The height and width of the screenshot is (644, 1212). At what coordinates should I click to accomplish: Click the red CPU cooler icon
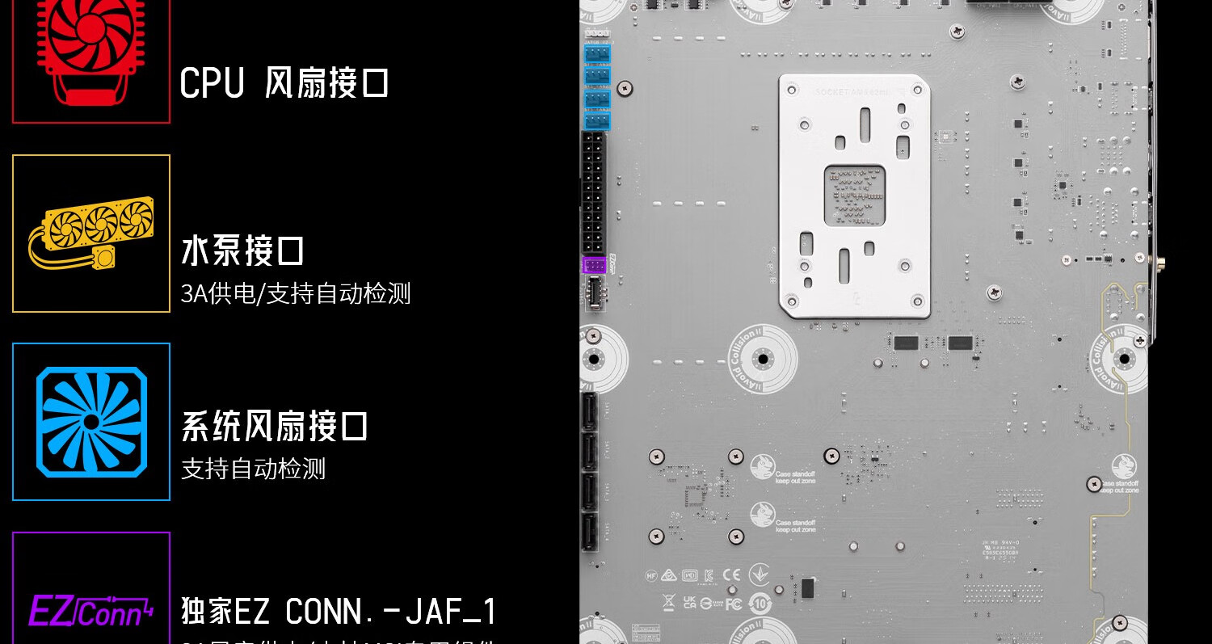90,48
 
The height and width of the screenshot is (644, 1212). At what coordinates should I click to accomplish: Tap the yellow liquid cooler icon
90,233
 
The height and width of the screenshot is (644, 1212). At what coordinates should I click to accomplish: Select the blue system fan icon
91,422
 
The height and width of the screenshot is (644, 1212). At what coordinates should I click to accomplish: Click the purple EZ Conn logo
90,610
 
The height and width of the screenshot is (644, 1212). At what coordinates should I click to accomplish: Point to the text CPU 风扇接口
284,83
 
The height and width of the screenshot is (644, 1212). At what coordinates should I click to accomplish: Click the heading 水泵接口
242,251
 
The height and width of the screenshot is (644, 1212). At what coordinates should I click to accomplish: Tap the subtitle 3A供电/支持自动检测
296,293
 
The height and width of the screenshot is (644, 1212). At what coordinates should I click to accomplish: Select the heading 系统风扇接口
275,427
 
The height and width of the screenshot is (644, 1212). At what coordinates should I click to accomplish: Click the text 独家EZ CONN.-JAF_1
339,612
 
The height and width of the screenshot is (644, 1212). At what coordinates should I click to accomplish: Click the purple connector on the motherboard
594,265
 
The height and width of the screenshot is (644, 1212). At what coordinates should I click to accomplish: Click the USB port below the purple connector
594,292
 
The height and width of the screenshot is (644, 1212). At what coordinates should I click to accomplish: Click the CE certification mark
731,575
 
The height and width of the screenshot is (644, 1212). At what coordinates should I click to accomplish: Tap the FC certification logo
734,604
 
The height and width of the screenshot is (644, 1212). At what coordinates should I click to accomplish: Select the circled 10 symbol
760,604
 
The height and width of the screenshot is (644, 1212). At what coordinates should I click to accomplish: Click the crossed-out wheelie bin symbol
669,602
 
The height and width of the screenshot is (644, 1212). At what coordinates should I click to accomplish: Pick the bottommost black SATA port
590,531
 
